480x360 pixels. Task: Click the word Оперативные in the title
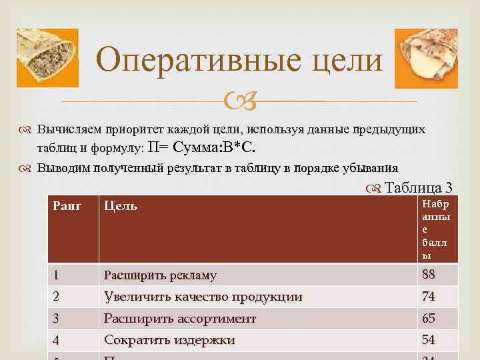[195, 61]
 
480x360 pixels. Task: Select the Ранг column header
[67, 207]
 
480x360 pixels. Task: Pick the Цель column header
[121, 207]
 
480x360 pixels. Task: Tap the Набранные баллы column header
[435, 229]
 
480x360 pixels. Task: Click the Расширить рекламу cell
[160, 275]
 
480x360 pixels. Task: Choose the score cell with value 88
[428, 275]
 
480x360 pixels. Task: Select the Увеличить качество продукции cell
[203, 297]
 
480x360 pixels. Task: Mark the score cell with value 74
[428, 297]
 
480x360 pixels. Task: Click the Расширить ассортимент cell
[179, 319]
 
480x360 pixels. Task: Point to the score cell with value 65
[428, 319]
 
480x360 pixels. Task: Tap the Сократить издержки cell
[169, 341]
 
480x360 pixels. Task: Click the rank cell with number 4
[57, 341]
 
